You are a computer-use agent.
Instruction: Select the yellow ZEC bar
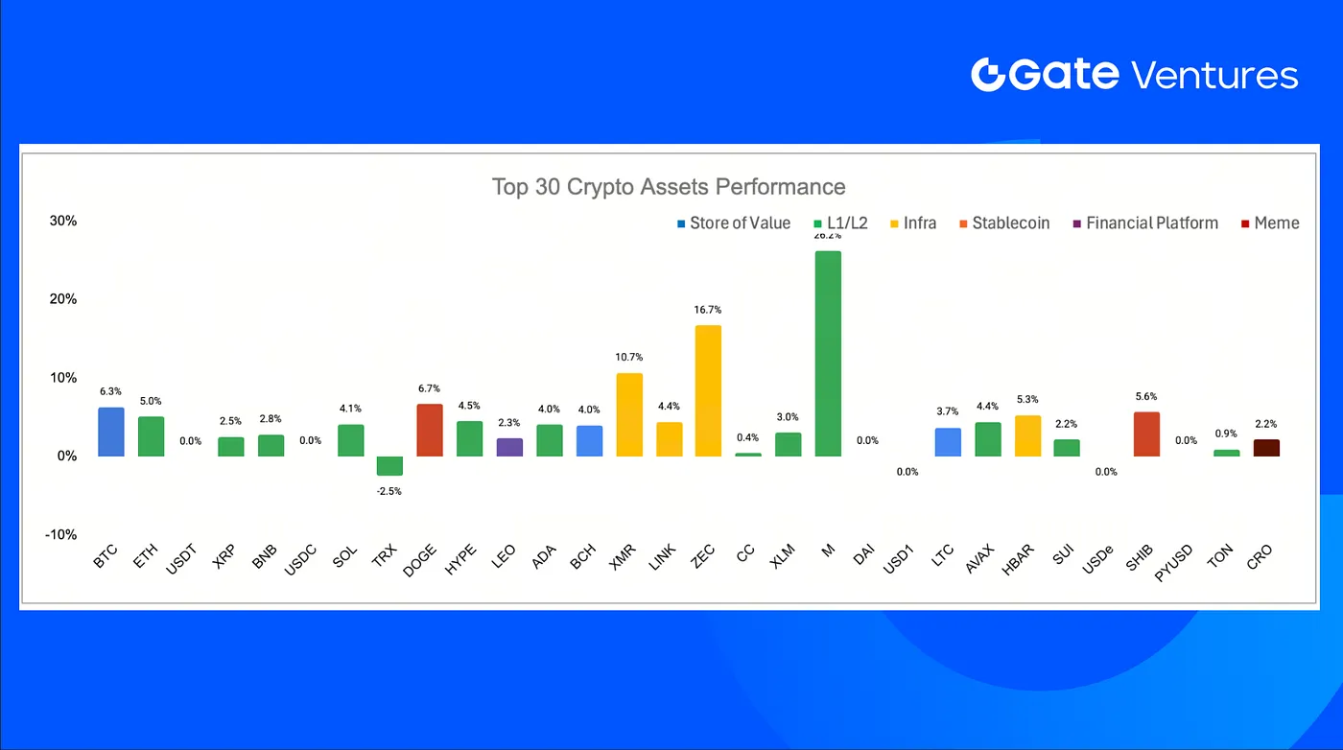(708, 390)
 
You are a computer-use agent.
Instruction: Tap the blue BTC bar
(111, 432)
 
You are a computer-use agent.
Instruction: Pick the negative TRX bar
(389, 466)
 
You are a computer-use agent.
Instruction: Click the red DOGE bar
(430, 430)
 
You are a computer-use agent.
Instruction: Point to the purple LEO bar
(509, 447)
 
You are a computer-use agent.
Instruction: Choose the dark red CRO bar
(1266, 447)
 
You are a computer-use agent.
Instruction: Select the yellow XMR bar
(628, 414)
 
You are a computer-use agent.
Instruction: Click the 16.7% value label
(708, 310)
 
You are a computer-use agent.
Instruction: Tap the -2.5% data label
(389, 491)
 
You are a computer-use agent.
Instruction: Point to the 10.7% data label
(628, 358)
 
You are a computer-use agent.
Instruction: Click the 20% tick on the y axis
(63, 299)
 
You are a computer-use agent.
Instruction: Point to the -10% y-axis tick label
(61, 534)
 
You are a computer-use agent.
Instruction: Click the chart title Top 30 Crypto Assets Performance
(669, 186)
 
